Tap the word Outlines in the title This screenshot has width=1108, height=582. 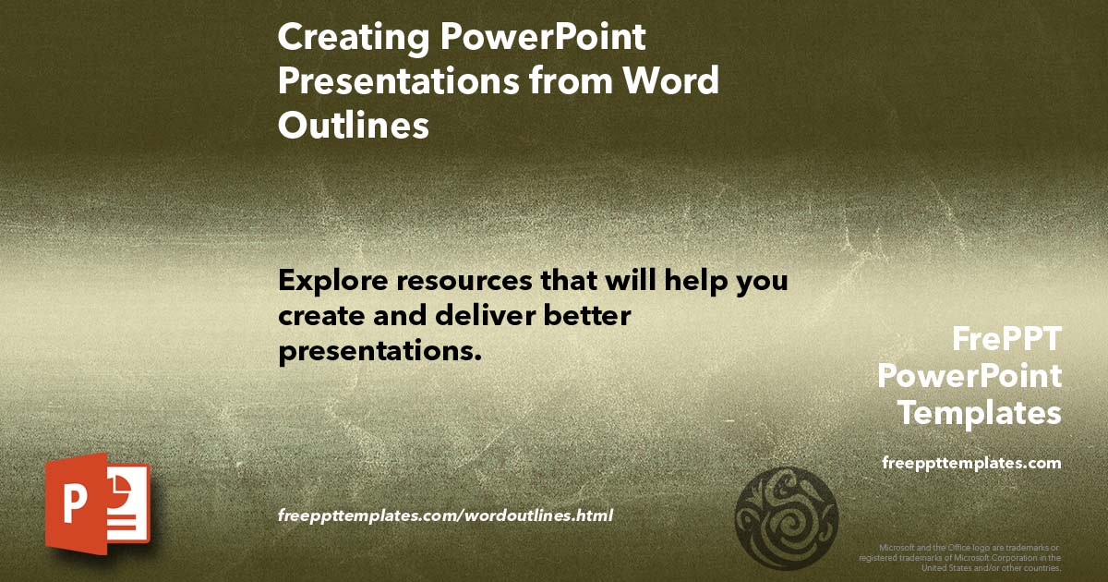pyautogui.click(x=354, y=126)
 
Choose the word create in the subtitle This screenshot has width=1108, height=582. pyautogui.click(x=320, y=315)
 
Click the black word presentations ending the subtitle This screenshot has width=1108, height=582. pyautogui.click(x=380, y=351)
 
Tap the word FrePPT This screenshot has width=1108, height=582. pyautogui.click(x=1006, y=340)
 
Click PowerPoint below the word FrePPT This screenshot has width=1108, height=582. pyautogui.click(x=969, y=376)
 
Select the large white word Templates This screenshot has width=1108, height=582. pyautogui.click(x=980, y=413)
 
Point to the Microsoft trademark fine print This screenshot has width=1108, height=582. pyautogui.click(x=960, y=557)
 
